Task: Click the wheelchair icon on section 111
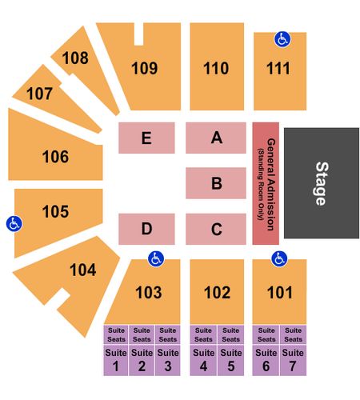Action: click(282, 39)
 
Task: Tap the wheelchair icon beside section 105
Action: click(14, 224)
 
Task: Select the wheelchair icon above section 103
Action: click(156, 258)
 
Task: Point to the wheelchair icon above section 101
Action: click(279, 258)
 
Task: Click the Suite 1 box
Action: click(116, 360)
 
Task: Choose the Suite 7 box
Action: click(293, 360)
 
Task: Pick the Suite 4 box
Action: click(203, 360)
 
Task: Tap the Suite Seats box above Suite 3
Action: click(168, 334)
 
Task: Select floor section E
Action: click(146, 138)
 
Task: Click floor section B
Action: click(216, 183)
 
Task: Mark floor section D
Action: click(146, 229)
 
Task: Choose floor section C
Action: click(216, 229)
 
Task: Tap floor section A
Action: click(216, 138)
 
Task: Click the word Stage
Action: click(322, 183)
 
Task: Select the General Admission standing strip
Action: click(266, 183)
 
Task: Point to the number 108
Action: click(75, 58)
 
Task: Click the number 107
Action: click(39, 94)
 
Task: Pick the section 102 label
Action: click(217, 293)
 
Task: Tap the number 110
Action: click(216, 68)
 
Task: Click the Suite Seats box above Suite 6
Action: click(266, 334)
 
